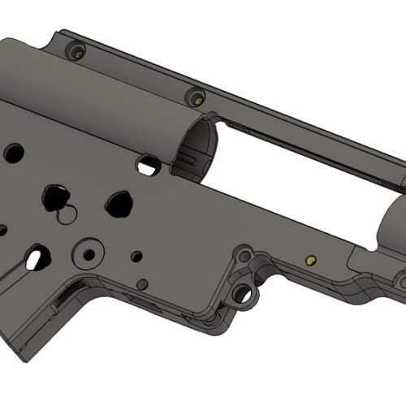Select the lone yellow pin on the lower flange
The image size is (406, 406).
(x=309, y=261)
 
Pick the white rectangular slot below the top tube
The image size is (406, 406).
(x=148, y=166)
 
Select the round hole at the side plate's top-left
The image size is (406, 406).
(x=14, y=152)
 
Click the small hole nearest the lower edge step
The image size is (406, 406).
(x=143, y=283)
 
